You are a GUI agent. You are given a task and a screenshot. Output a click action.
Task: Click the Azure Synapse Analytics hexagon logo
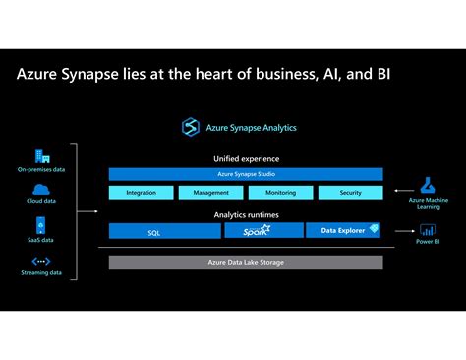191,127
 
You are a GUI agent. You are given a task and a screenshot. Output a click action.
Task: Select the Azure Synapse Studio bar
246,174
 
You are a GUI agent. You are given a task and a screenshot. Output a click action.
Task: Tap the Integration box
142,193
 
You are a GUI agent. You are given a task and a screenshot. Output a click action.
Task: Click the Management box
211,193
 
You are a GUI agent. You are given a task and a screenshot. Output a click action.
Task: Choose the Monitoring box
280,193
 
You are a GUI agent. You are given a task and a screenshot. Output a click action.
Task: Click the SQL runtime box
153,232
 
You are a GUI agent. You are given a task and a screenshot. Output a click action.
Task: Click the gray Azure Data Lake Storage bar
246,262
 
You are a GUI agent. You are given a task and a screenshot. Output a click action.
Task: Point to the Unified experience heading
246,158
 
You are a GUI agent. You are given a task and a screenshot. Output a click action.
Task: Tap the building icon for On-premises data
42,155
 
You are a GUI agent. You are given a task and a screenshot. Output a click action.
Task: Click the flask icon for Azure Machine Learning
428,184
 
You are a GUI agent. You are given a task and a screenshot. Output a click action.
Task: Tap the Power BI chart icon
428,230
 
